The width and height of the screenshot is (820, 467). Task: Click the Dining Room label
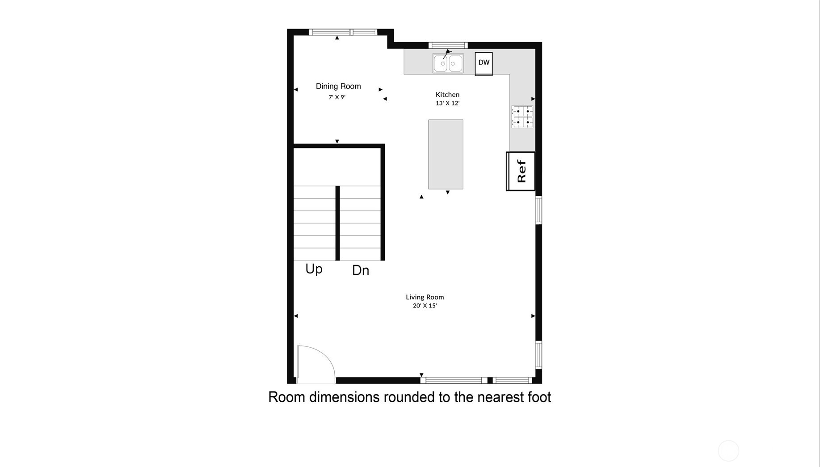[338, 86]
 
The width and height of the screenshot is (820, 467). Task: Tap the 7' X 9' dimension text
[337, 97]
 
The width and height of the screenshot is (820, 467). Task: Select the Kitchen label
[447, 94]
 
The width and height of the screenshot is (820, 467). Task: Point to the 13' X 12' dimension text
[447, 103]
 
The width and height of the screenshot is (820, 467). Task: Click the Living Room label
[425, 297]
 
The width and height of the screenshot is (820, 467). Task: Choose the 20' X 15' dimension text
[425, 306]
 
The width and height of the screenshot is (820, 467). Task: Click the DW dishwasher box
[484, 63]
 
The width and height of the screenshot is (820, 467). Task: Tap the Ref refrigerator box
[521, 171]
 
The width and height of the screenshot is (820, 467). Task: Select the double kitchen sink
[448, 63]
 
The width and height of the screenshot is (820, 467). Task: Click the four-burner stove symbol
[522, 117]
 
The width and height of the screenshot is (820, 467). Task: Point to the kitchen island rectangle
[446, 154]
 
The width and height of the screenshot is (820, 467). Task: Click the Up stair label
[314, 269]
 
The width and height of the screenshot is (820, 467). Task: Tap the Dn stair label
[361, 270]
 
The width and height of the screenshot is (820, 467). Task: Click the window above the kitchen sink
[448, 45]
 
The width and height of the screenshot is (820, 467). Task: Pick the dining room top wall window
[343, 32]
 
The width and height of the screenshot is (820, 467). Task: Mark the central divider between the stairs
[337, 223]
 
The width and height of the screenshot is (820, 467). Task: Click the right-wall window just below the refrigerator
[538, 210]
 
